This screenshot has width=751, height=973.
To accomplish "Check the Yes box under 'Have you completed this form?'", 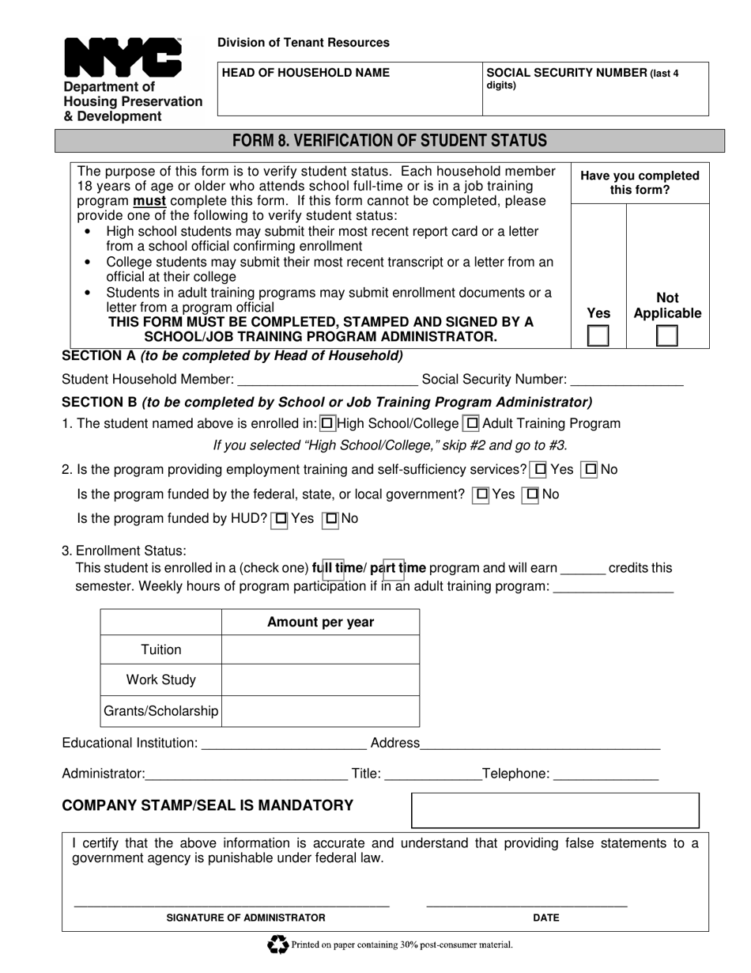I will pyautogui.click(x=598, y=336).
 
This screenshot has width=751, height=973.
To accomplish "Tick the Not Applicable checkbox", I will pyautogui.click(x=667, y=336).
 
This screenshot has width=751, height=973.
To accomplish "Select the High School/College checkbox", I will pyautogui.click(x=327, y=424).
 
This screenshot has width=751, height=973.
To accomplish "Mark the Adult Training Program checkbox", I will pyautogui.click(x=471, y=424).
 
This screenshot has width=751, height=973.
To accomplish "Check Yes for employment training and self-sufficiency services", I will pyautogui.click(x=540, y=470).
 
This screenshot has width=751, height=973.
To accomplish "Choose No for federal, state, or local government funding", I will pyautogui.click(x=532, y=495).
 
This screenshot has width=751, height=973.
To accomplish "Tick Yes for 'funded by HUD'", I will pyautogui.click(x=280, y=520).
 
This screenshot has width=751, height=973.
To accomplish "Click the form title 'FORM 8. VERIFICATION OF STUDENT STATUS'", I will pyautogui.click(x=389, y=141).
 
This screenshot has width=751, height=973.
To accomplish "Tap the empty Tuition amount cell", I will pyautogui.click(x=320, y=649).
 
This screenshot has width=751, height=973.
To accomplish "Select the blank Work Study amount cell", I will pyautogui.click(x=320, y=680).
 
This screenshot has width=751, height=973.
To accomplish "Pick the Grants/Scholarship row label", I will pyautogui.click(x=161, y=711).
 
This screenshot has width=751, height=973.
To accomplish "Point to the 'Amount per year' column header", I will pyautogui.click(x=320, y=623).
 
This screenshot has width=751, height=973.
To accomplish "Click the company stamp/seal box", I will pyautogui.click(x=555, y=810).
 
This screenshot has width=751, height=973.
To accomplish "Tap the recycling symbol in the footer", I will pyautogui.click(x=278, y=945).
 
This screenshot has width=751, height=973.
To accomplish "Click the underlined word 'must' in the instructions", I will pyautogui.click(x=149, y=201).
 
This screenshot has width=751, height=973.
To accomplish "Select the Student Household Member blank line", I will pyautogui.click(x=327, y=381).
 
